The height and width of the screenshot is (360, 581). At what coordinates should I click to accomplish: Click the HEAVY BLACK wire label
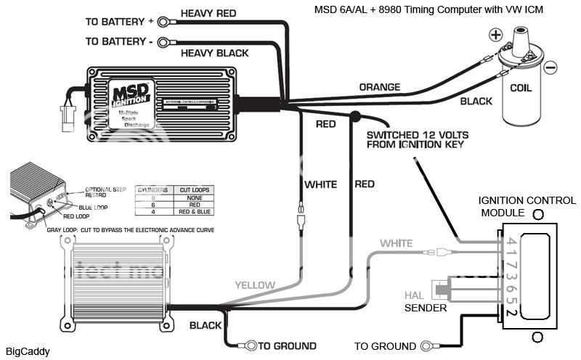pos(214,52)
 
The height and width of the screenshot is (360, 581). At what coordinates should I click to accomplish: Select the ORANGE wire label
pos(379,87)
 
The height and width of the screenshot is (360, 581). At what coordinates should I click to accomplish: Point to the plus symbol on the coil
pos(495,34)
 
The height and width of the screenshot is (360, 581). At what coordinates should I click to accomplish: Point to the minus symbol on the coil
pos(550,67)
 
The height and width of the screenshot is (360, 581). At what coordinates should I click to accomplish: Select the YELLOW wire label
pos(255,285)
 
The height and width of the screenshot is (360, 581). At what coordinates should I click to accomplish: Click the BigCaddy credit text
pos(31,352)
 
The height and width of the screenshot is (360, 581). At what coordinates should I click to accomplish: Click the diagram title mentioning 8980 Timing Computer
pos(428,9)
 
